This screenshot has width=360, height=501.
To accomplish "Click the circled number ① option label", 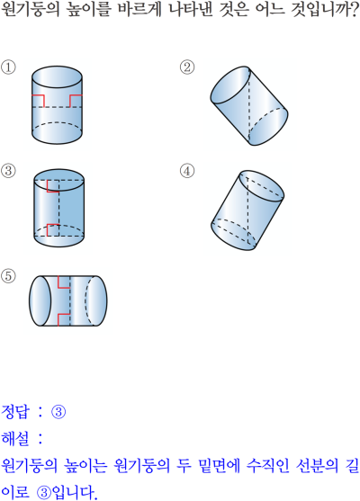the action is point(8,67).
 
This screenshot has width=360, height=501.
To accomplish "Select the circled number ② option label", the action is point(187,67).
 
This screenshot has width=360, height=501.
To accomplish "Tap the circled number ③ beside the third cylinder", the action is point(8,171).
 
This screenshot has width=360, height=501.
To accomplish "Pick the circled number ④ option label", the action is point(187,171).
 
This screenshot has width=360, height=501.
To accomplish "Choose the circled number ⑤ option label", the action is point(8,276).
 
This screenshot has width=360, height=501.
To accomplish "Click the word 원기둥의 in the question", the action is point(31,10).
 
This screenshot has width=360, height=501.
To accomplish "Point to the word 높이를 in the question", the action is point(88,10).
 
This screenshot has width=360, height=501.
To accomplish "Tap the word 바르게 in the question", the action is point(139,10).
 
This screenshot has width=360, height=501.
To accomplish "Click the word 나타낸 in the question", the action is point(190,10).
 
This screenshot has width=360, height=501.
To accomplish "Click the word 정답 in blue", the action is point(15,412).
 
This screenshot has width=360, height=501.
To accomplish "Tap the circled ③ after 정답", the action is point(58,412).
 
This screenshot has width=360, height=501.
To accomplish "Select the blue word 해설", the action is point(15,439).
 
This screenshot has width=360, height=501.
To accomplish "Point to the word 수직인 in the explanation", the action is point(267,466).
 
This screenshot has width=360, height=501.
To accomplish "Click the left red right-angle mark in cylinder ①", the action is point(38,101).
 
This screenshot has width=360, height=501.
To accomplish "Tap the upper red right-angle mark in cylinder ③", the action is point(53,186).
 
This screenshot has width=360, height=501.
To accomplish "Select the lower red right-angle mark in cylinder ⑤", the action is point(64,319).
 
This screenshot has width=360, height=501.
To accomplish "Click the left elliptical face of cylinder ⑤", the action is point(40,300).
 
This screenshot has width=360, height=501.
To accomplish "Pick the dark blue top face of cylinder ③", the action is point(58,181).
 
